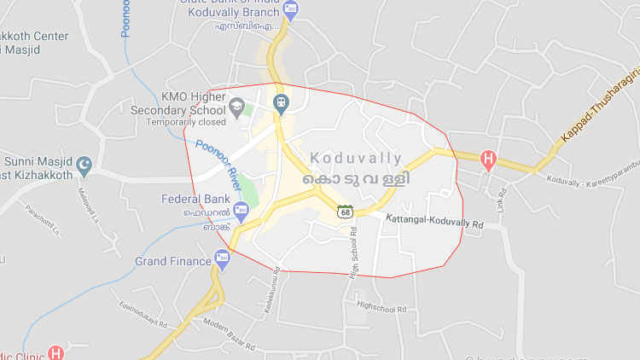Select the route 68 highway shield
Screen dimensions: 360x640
346,211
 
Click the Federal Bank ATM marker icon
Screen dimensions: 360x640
241,207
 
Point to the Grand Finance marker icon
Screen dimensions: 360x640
223,256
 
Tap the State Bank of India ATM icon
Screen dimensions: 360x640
291,9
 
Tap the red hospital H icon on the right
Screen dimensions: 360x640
488,158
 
